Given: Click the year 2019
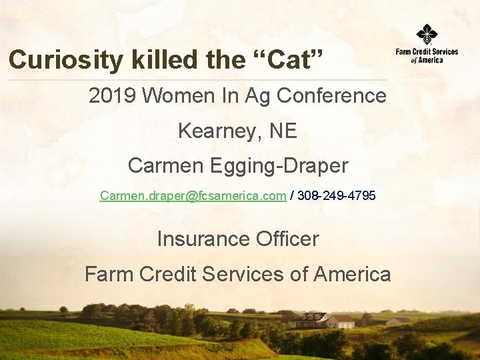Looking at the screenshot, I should coord(112,96).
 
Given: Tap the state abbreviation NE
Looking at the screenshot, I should coord(283,131).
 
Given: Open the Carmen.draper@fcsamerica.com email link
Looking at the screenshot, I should coord(193,196).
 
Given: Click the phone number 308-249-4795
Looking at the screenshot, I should coord(336,196).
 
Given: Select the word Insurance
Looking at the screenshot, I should coord(199,239).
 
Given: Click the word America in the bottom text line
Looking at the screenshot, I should coord(352,274).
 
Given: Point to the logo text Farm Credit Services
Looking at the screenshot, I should coord(427,52).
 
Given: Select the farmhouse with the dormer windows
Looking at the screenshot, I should coord(308,320).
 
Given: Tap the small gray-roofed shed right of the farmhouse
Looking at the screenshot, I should coord(399,321).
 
